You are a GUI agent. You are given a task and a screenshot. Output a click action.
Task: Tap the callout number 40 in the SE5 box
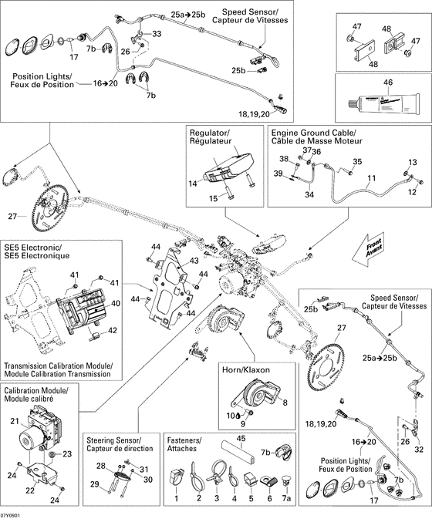click(116, 303)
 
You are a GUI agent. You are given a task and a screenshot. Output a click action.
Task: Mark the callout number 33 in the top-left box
click(157, 35)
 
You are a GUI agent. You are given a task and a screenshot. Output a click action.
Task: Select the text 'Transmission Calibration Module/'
click(59, 366)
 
